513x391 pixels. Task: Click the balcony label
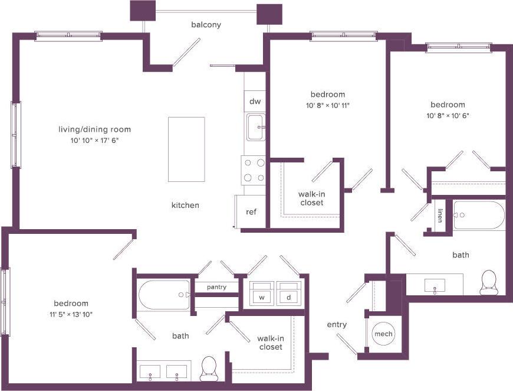point(206,24)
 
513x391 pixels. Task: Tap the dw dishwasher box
point(255,101)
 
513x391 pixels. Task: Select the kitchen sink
point(255,128)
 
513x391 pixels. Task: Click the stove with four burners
point(254,170)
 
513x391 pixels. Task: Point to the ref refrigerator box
point(251,212)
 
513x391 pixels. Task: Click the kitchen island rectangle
point(186,149)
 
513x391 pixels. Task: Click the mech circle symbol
point(383,334)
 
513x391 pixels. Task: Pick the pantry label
point(216,287)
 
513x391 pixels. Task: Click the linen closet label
point(440,217)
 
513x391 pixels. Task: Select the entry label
point(337,324)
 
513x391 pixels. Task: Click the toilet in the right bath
point(489,283)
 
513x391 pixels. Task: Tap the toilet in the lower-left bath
point(209,369)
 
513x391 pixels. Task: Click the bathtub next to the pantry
point(164,294)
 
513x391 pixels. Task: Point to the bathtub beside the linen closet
point(479,216)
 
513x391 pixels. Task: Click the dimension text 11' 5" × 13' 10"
point(71,314)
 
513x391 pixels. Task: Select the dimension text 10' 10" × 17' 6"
point(94,140)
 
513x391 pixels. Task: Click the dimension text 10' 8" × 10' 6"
point(447,115)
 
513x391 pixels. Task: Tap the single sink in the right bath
point(435,286)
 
